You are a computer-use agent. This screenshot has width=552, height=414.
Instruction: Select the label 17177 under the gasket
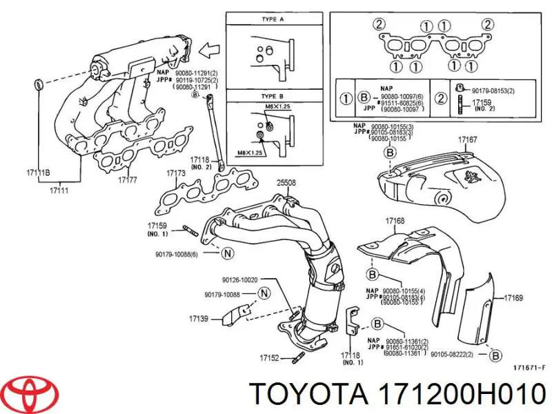click(x=128, y=180)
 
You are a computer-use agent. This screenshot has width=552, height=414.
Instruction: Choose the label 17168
click(x=395, y=221)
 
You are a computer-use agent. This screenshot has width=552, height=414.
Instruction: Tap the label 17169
click(x=514, y=298)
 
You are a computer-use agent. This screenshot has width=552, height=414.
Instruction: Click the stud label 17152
click(x=269, y=357)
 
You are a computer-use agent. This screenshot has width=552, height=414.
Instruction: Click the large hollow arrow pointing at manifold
click(x=208, y=50)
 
